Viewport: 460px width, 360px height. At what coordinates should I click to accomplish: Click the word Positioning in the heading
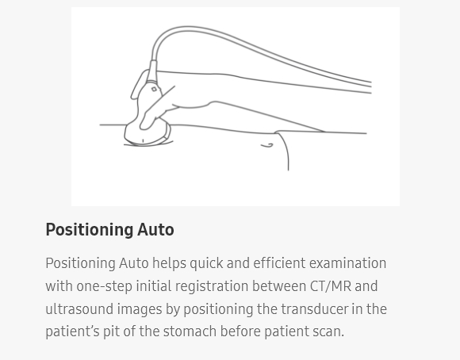pos(88,230)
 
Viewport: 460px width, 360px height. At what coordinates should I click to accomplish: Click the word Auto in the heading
pos(155,230)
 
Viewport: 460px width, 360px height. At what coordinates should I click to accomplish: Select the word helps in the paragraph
pos(171,263)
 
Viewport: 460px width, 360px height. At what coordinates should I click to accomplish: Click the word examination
pos(347,263)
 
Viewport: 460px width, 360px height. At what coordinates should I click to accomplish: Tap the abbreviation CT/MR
pos(330,286)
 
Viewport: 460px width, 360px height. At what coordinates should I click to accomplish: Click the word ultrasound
pos(79,309)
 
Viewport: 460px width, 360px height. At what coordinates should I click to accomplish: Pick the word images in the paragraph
pos(140,309)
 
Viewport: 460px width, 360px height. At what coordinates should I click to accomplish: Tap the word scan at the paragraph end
pos(328,331)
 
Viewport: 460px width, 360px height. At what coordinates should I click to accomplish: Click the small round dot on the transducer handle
pos(154,90)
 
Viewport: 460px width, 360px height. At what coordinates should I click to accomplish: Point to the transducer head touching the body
pos(147,135)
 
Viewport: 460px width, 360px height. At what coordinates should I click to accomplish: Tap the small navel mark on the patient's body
pos(267,145)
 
